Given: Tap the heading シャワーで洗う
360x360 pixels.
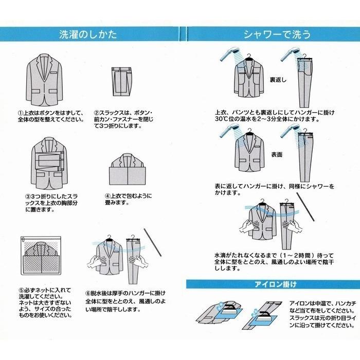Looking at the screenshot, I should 269,35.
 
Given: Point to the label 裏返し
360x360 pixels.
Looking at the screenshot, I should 281,81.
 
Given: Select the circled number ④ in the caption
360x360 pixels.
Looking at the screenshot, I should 108,196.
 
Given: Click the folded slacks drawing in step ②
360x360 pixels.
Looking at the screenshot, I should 123,82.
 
